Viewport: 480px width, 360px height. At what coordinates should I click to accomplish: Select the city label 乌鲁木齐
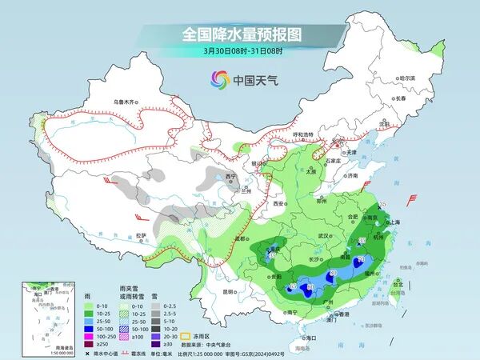(126, 102)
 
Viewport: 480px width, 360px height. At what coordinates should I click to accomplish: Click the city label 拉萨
(142, 235)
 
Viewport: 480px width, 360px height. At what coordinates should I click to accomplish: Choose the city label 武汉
(324, 237)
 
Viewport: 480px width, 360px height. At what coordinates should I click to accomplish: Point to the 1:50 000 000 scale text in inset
(41, 353)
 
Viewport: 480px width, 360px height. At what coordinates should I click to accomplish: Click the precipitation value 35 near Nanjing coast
(382, 205)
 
